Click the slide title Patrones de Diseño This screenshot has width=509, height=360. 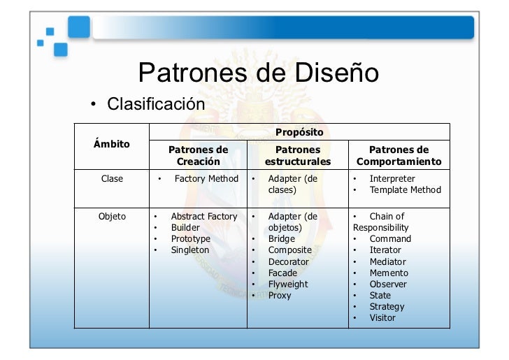point(259,73)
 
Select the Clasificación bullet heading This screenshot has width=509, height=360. point(155,105)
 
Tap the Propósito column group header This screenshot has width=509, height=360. point(299,131)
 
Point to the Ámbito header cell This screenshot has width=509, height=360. point(111,144)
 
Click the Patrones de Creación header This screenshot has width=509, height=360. point(199,155)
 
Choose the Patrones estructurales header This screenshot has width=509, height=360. point(298,155)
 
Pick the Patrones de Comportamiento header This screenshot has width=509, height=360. point(399,155)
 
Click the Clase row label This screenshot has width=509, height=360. point(112,179)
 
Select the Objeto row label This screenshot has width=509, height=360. point(112,217)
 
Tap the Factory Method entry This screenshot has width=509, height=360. point(206,179)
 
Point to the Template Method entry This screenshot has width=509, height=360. point(406,190)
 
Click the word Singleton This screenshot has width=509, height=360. point(190,250)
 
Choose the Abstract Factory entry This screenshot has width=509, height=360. point(204,217)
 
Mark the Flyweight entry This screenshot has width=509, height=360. point(288,285)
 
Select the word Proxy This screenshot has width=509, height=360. point(280,296)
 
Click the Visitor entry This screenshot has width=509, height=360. point(382,318)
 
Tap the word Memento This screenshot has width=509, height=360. point(389,273)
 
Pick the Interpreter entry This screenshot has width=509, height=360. point(392,179)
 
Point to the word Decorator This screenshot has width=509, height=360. point(288,262)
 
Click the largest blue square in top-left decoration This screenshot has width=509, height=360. point(78,27)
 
